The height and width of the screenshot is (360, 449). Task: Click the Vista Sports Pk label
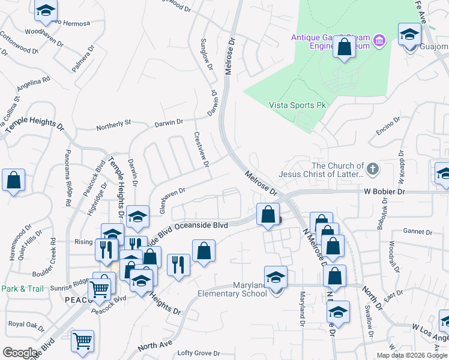297,105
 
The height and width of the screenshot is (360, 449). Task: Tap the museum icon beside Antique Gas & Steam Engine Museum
379,41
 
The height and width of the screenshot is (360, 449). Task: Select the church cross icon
373,169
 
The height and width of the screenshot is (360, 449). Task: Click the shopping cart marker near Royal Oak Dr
83,341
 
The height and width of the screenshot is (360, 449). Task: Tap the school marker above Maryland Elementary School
276,277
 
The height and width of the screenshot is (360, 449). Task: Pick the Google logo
20,353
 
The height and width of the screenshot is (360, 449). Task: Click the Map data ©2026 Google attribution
412,355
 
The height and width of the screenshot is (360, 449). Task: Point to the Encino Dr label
388,127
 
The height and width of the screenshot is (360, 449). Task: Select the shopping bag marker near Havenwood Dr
13,181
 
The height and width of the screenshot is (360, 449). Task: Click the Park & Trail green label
22,289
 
